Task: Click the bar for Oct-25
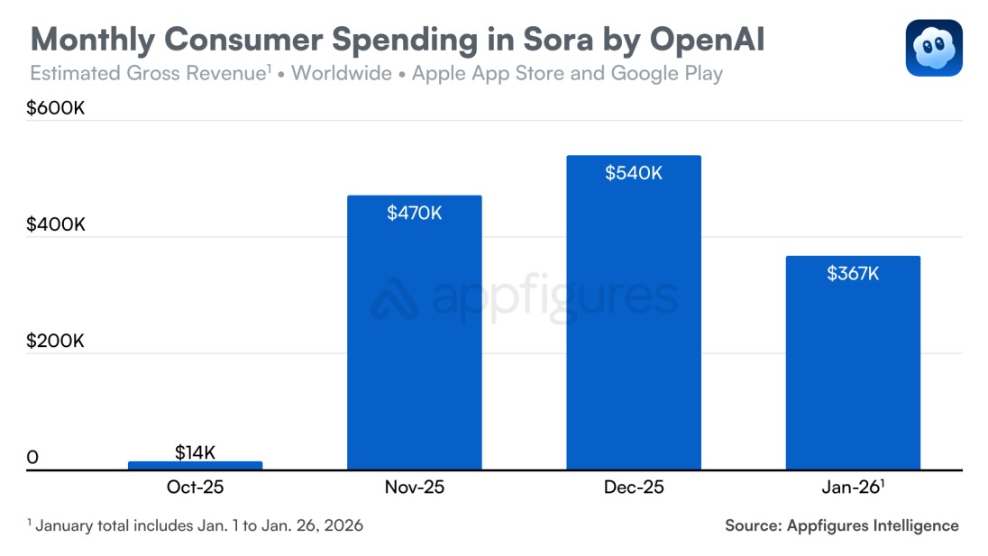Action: click(195, 465)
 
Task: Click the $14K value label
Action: click(195, 452)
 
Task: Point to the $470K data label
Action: click(414, 213)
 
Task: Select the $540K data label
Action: click(634, 173)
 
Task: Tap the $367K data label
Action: click(853, 274)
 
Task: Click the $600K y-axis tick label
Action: click(56, 108)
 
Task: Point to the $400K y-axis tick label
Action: click(56, 224)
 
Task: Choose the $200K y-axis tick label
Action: click(56, 341)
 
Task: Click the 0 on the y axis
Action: click(32, 458)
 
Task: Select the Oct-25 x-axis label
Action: click(195, 488)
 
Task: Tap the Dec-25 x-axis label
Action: click(634, 488)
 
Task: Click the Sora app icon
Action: click(934, 48)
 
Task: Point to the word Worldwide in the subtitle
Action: click(342, 73)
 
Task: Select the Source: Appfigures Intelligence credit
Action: click(841, 525)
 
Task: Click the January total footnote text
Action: click(195, 525)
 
